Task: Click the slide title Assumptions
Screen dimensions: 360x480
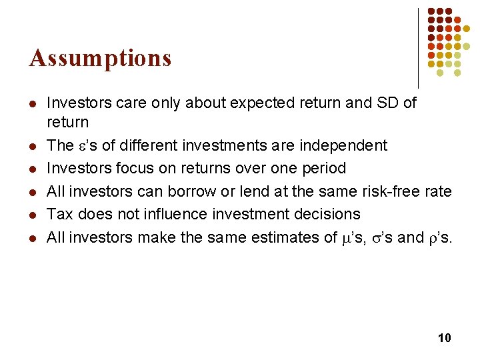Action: [x=100, y=59]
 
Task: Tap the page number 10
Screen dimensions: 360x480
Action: [x=444, y=338]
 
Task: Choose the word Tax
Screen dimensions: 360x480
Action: [x=59, y=214]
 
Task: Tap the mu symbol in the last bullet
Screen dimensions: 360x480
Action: [x=345, y=237]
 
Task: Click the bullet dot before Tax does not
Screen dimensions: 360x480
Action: [x=31, y=215]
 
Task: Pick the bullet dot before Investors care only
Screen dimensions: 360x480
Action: [x=31, y=104]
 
